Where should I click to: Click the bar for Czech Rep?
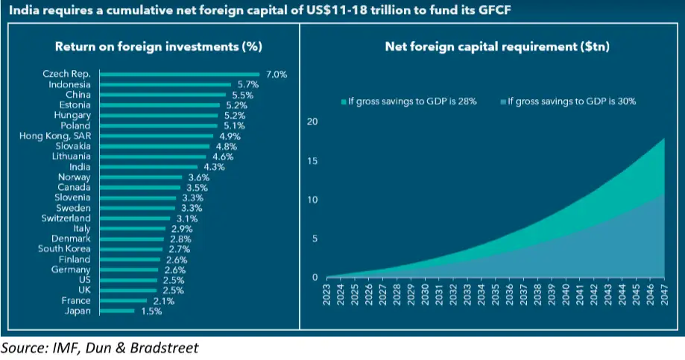[x=179, y=75]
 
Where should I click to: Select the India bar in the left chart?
[x=148, y=167]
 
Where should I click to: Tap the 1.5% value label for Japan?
[x=150, y=311]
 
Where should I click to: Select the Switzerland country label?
[x=66, y=218]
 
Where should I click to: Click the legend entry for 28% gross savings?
[x=397, y=101]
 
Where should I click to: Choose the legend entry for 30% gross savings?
[x=572, y=101]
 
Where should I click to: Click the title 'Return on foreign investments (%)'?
[x=158, y=46]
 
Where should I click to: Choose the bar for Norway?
[x=140, y=177]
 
